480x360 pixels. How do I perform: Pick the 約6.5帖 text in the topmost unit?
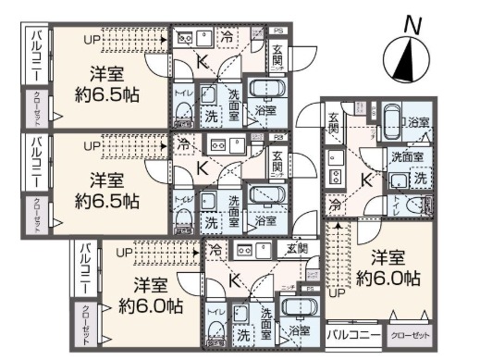click(106, 93)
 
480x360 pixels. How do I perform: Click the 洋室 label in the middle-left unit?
click(106, 179)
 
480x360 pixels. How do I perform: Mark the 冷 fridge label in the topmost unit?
click(228, 37)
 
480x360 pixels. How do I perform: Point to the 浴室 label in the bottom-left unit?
click(299, 330)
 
